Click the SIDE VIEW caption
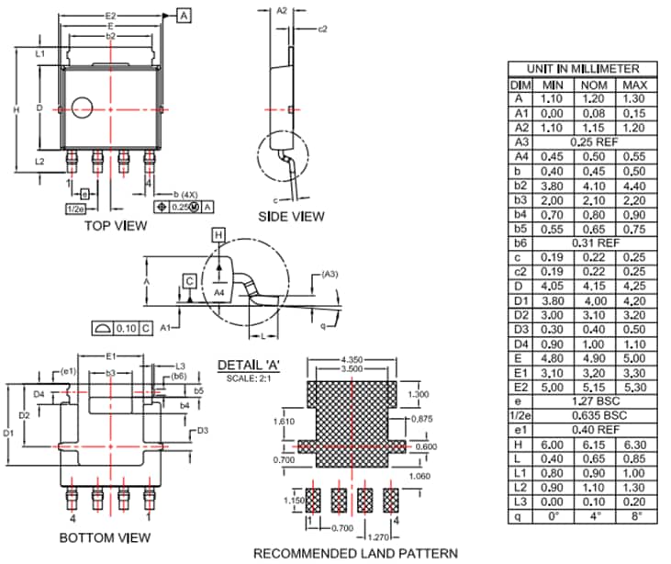coord(292,217)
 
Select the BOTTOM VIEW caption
coord(106,536)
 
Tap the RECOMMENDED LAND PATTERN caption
coord(355,553)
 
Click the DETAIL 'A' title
coord(248,366)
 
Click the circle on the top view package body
coord(83,107)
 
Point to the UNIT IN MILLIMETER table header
coord(583,69)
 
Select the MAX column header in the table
coord(634,85)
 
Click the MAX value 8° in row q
coord(634,516)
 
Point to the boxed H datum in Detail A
coord(218,236)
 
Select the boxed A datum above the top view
coord(184,16)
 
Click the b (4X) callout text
coord(187,194)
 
